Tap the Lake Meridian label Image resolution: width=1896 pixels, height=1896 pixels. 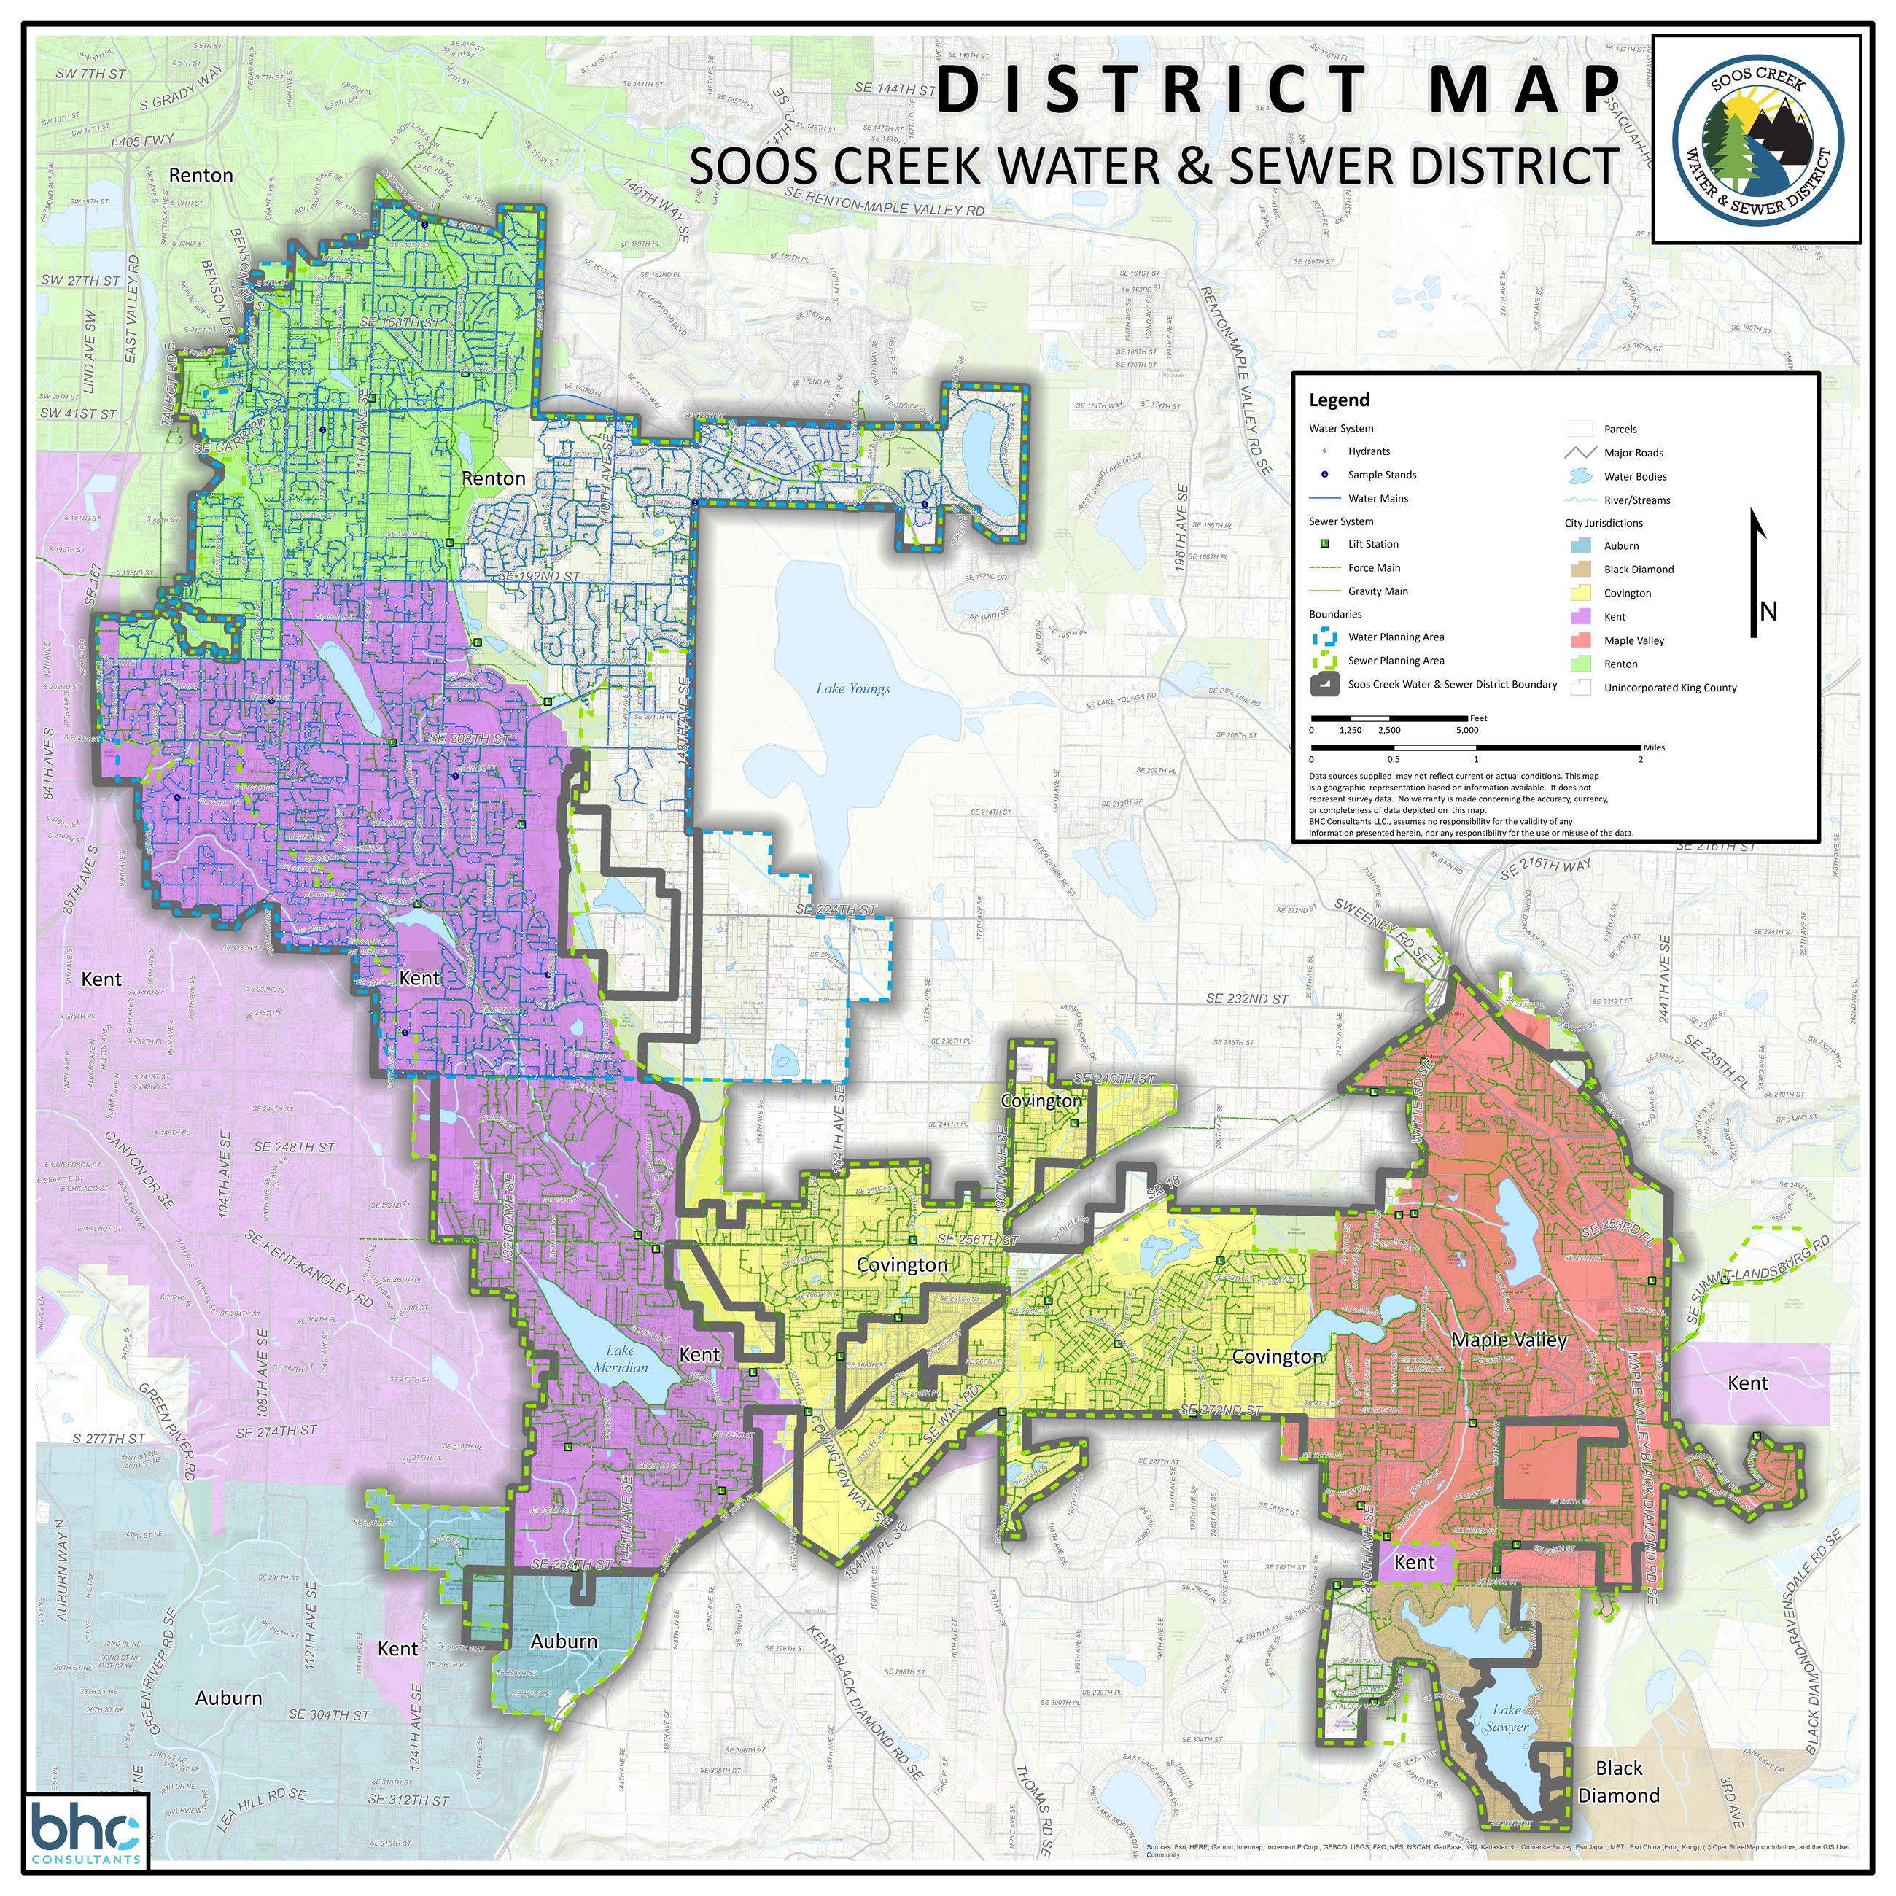pos(621,1359)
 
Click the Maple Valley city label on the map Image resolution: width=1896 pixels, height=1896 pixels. pos(1508,1340)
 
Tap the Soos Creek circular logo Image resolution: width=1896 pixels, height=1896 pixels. pos(1757,140)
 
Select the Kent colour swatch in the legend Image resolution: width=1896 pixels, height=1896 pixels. pos(1580,616)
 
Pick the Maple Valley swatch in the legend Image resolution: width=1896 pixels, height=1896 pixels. pos(1580,640)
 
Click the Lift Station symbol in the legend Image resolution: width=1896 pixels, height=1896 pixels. pos(1325,544)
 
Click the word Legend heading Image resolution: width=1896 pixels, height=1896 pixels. pos(1339,400)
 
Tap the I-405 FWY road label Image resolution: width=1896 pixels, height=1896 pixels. pos(142,141)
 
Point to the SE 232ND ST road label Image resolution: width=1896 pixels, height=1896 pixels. pos(1246,999)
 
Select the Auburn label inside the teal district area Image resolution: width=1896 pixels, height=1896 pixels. pos(563,1641)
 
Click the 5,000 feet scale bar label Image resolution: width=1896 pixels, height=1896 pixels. pos(1466,730)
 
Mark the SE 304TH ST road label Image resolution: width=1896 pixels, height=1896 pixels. pos(329,1714)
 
